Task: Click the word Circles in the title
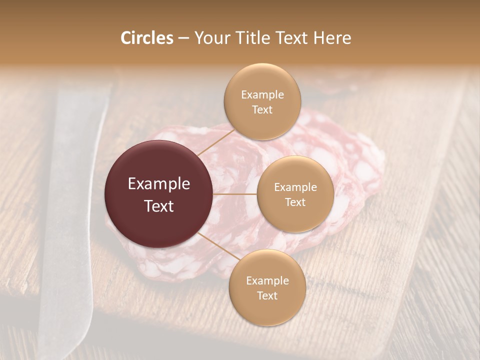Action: click(146, 38)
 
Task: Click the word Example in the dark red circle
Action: click(159, 184)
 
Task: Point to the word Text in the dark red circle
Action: click(159, 206)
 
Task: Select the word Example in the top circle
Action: click(262, 95)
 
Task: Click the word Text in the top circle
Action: click(262, 110)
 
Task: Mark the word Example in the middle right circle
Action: click(295, 187)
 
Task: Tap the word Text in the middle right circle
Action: click(295, 202)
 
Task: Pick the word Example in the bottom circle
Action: click(267, 281)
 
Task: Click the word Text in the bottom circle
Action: click(267, 296)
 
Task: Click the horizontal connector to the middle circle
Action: click(235, 193)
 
